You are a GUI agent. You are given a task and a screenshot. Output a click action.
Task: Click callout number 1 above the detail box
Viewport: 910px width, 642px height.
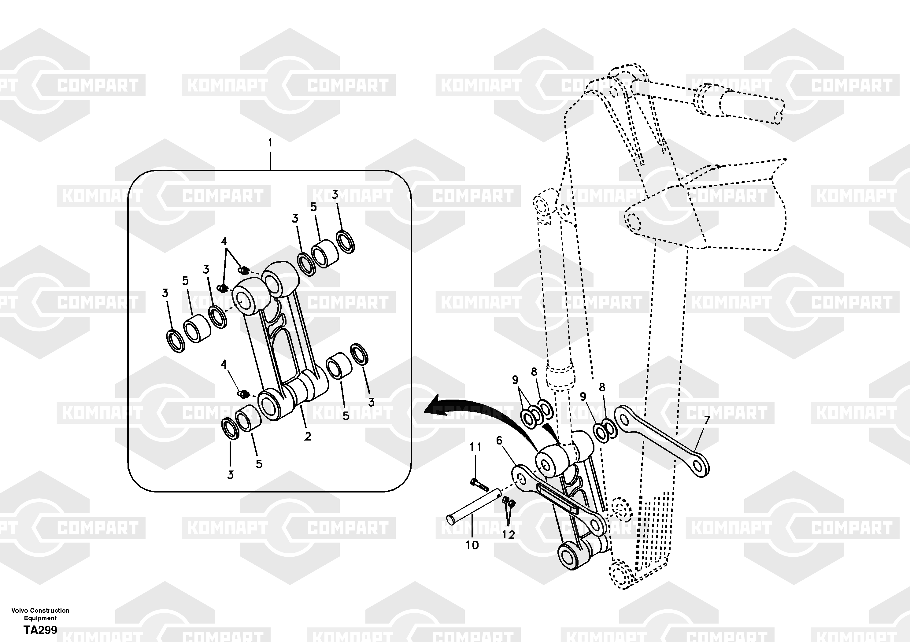tap(270, 143)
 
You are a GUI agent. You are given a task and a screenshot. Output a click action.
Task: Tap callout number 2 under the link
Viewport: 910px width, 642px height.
tap(308, 437)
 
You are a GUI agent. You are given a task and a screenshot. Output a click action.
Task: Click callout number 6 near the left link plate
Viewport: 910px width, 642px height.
tap(499, 440)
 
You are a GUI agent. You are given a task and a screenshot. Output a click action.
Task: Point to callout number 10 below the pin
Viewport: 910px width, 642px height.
tap(472, 545)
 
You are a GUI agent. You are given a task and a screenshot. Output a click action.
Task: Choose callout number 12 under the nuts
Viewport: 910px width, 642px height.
tap(509, 535)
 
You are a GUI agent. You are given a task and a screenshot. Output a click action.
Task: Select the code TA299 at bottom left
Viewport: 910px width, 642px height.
tap(40, 630)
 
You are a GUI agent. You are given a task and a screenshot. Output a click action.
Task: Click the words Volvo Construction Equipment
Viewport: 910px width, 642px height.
tap(40, 614)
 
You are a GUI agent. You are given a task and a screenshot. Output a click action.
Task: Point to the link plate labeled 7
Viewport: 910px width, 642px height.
tap(661, 441)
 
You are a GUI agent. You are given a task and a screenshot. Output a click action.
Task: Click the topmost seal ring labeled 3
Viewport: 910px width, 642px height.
tap(345, 241)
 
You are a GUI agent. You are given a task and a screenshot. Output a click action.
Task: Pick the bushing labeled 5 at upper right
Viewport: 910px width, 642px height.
tap(325, 254)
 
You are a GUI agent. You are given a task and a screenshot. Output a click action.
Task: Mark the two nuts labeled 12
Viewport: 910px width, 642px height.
tap(509, 503)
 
